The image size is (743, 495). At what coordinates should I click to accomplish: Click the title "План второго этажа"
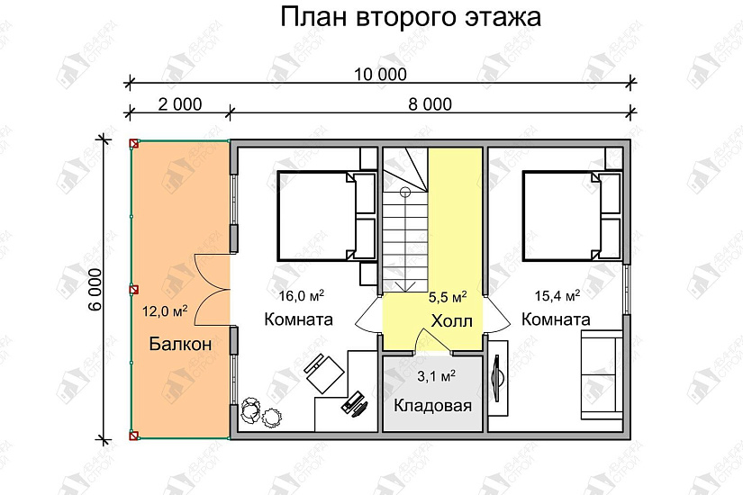tap(411, 17)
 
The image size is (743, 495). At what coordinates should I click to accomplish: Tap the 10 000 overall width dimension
tap(380, 74)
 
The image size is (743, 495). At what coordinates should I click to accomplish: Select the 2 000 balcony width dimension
tap(179, 104)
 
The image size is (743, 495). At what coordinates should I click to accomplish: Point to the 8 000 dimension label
tap(430, 104)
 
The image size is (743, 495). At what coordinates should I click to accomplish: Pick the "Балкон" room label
tap(180, 343)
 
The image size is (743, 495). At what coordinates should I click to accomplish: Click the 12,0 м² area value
tap(165, 312)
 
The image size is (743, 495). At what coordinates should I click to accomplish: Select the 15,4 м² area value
tap(557, 295)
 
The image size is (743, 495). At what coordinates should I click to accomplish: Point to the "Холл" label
tap(451, 322)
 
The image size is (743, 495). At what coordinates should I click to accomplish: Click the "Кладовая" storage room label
tap(433, 405)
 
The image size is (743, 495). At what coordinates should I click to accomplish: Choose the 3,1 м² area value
tap(434, 375)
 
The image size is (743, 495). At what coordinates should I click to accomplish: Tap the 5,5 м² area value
tap(446, 296)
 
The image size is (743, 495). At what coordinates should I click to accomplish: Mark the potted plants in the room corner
tap(261, 410)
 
